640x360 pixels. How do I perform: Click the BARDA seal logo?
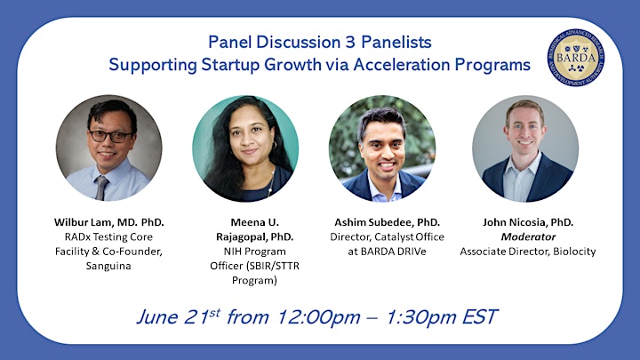[x=576, y=58]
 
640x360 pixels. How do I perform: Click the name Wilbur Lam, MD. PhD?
[x=109, y=222]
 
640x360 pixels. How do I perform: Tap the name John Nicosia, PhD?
[x=528, y=222]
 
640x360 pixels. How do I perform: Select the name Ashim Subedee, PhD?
[x=387, y=222]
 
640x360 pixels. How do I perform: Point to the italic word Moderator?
[x=528, y=236]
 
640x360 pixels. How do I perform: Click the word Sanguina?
[x=108, y=266]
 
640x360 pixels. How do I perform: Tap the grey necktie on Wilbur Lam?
[x=100, y=188]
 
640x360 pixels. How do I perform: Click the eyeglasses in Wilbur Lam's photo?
[x=110, y=136]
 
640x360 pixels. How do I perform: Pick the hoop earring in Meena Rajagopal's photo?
[x=275, y=145]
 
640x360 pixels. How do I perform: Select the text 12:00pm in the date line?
[x=319, y=317]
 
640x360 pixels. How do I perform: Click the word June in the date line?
[x=157, y=317]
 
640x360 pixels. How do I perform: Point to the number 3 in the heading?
[x=350, y=42]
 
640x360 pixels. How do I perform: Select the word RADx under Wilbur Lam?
[x=77, y=236]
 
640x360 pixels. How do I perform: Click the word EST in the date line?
[x=480, y=317]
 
